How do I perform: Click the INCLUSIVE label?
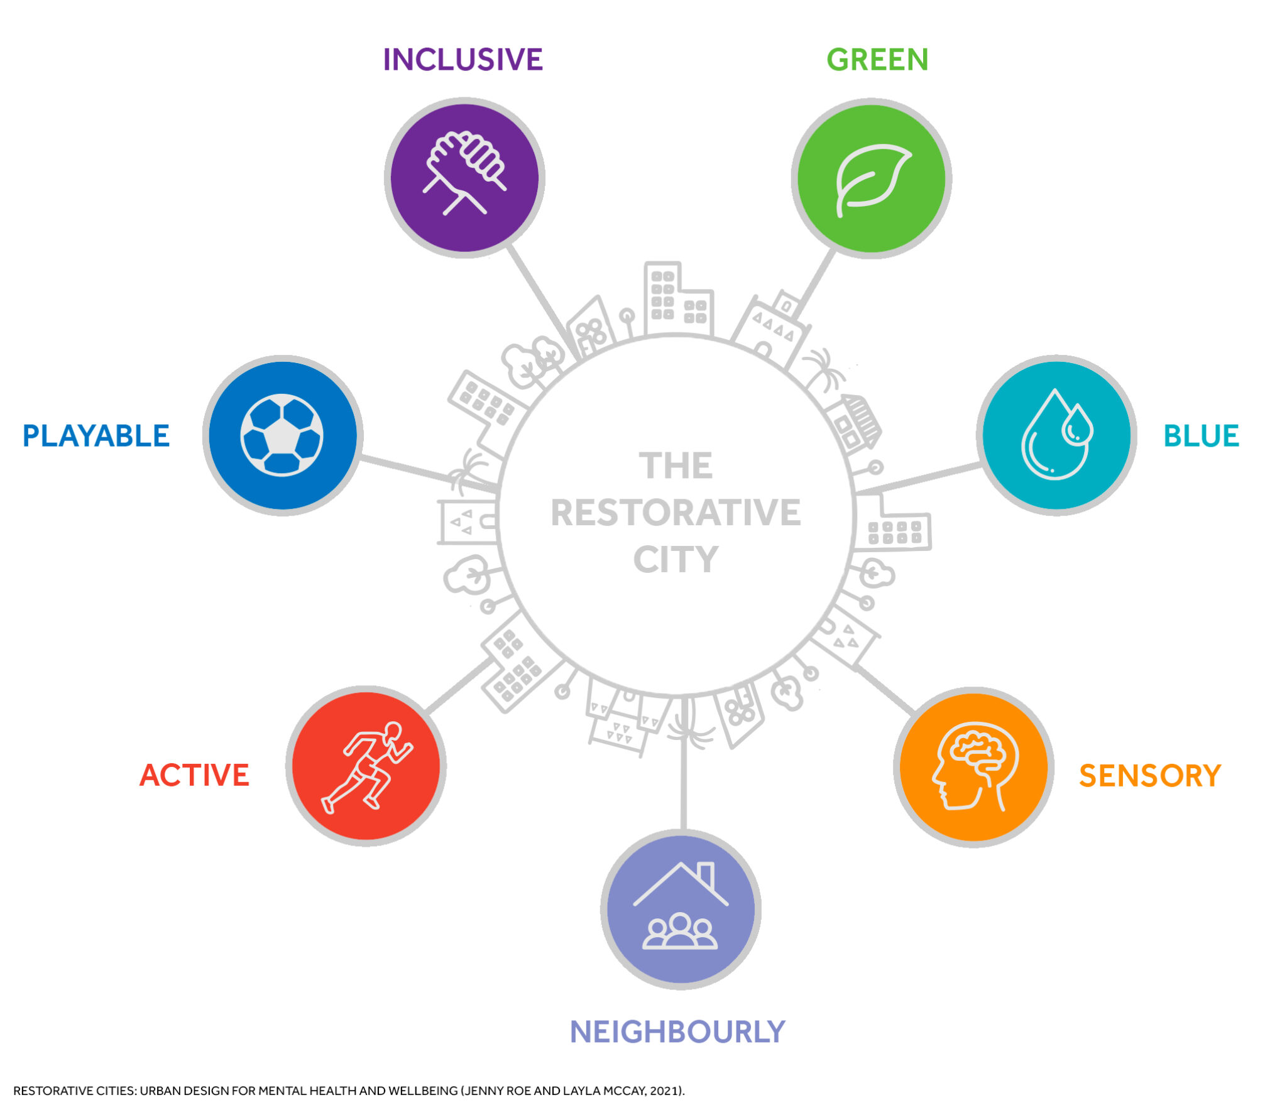coord(463,60)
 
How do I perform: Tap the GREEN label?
coord(877,60)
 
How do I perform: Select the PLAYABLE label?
coord(96,436)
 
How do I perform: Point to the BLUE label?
coord(1201,436)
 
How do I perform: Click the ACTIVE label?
coord(194,775)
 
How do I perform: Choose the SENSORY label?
coord(1149,776)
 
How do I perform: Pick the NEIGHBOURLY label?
coord(677,1032)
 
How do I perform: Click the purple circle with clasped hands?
coord(464,177)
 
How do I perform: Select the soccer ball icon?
coord(282,435)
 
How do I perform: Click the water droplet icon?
coord(1056,435)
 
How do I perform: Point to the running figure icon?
coord(366,766)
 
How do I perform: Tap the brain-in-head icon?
coord(973,766)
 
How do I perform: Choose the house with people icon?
coord(681,908)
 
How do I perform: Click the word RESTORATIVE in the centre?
coord(676,513)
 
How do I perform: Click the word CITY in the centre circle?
coord(676,559)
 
